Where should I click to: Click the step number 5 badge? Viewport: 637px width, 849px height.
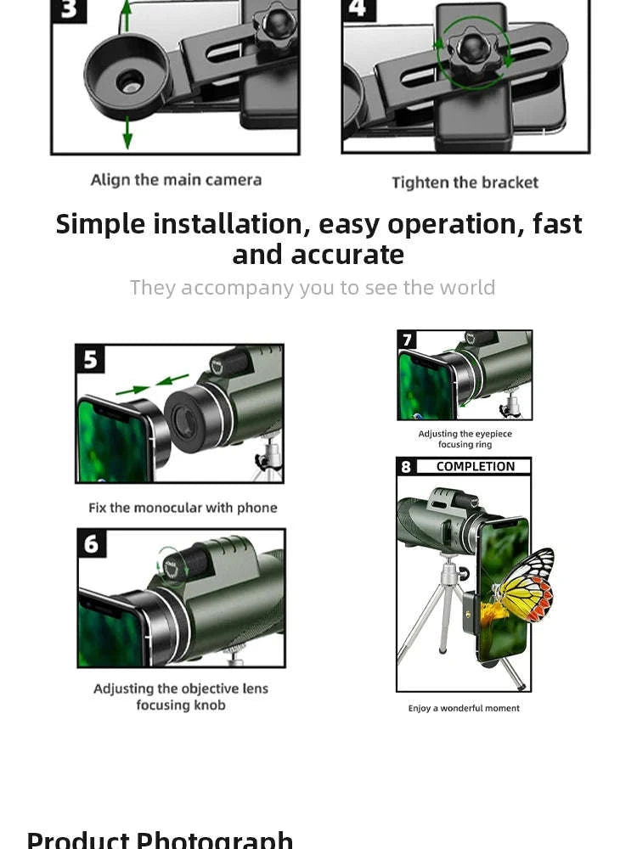pos(91,360)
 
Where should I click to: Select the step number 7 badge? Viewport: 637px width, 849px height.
pos(408,340)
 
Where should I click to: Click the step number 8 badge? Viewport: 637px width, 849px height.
pos(407,467)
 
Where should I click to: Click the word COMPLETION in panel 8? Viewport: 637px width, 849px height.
pos(475,467)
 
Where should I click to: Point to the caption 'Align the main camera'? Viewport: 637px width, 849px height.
pos(176,180)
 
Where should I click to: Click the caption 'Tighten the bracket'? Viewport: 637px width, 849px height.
pos(465,183)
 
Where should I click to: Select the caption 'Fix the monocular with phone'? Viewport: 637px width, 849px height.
pos(183,508)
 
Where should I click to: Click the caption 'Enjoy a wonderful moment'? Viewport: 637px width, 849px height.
pos(464,708)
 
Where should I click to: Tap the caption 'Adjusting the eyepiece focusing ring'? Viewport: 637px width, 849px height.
pos(465,439)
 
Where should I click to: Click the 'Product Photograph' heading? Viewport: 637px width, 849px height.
pos(160,840)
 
